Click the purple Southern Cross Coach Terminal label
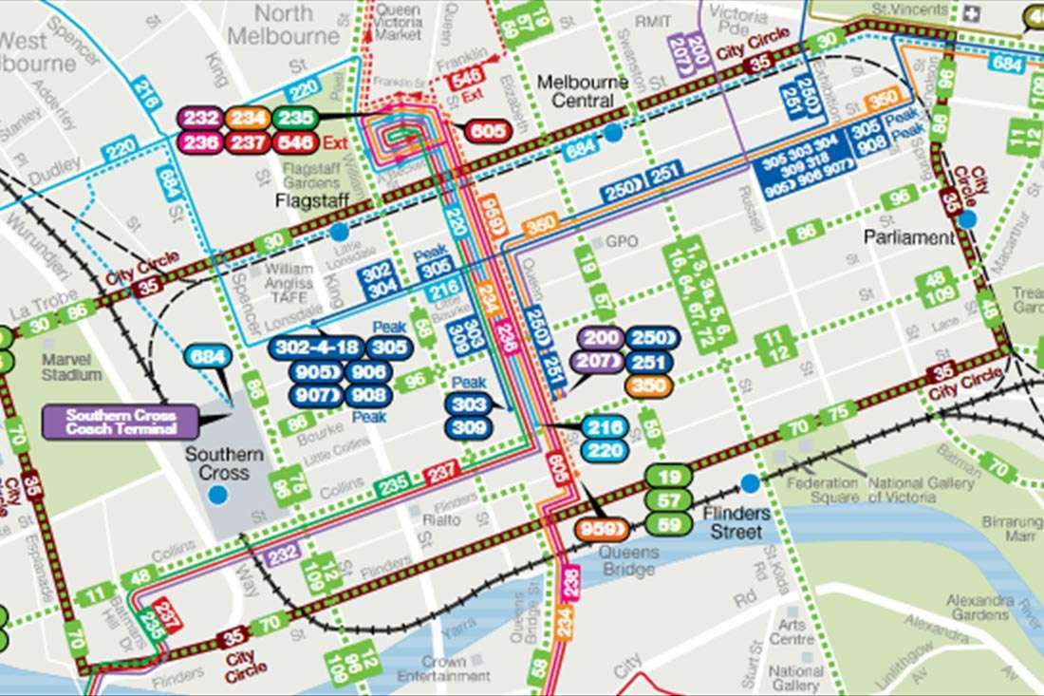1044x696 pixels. pyautogui.click(x=121, y=422)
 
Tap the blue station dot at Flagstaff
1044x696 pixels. pyautogui.click(x=339, y=232)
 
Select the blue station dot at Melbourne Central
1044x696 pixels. pyautogui.click(x=613, y=133)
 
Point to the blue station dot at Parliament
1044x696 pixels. pyautogui.click(x=967, y=219)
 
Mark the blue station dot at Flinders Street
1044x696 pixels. pyautogui.click(x=751, y=483)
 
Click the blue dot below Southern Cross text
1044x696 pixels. pyautogui.click(x=219, y=494)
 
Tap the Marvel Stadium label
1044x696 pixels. pyautogui.click(x=71, y=367)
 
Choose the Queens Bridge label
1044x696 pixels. pyautogui.click(x=628, y=561)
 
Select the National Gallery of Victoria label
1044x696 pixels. pyautogui.click(x=921, y=490)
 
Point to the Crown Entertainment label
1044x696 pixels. pyautogui.click(x=443, y=668)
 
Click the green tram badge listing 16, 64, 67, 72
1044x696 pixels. pyautogui.click(x=702, y=295)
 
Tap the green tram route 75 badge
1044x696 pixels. pyautogui.click(x=837, y=412)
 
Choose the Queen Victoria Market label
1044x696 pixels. pyautogui.click(x=398, y=22)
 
